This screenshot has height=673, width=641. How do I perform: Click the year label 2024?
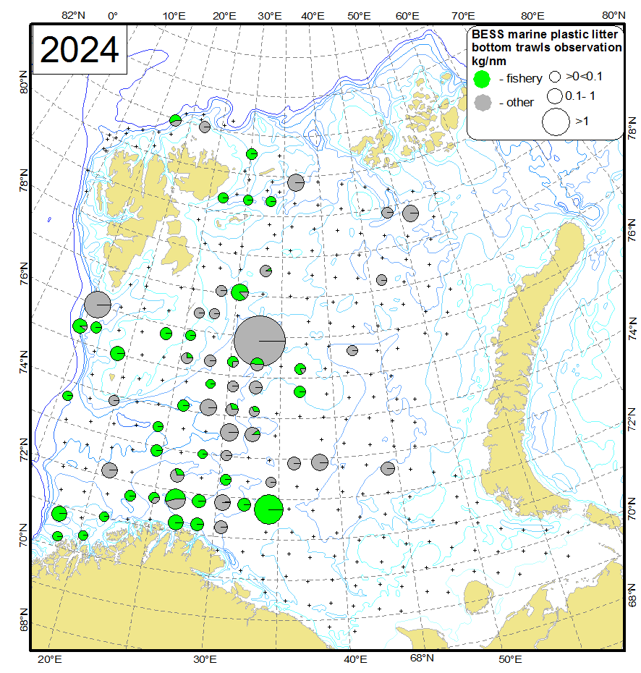80,50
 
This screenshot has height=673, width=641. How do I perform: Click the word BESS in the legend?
487,34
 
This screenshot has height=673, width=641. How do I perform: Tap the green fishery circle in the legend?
481,78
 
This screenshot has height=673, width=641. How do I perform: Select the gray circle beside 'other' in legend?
481,102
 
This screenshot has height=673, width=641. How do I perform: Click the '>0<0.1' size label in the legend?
584,75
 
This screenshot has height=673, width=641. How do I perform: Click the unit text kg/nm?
487,60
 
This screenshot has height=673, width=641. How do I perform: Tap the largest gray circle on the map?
260,340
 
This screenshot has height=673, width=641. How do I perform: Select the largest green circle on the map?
268,509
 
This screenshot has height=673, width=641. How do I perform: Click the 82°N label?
75,15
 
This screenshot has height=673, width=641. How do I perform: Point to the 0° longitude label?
113,15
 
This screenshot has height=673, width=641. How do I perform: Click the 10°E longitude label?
173,15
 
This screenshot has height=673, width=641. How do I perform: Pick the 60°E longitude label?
408,15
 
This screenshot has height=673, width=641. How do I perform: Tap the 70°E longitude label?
463,15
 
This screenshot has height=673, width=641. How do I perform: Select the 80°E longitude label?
532,15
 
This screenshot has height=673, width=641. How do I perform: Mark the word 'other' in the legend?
520,102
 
